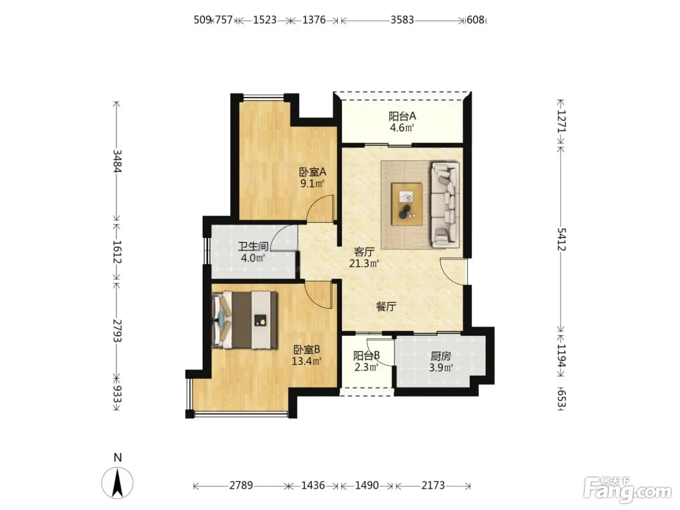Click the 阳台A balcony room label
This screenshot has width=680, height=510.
(x=402, y=117)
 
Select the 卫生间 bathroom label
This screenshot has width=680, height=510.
(x=253, y=246)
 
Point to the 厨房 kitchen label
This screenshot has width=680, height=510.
(x=441, y=357)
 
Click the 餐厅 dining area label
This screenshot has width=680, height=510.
(x=386, y=306)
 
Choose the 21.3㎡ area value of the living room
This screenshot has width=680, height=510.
(x=364, y=264)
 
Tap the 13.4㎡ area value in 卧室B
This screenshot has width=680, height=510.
(x=306, y=361)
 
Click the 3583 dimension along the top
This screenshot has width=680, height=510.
(x=402, y=20)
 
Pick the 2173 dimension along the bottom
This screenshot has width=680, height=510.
(x=433, y=485)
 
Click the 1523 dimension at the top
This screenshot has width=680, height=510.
(x=265, y=20)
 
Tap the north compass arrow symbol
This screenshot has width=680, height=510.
(x=118, y=483)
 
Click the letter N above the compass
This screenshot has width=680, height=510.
(x=118, y=458)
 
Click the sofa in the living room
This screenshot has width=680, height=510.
(x=445, y=204)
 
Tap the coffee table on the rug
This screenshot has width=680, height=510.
(x=407, y=204)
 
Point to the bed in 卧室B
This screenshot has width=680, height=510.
(x=244, y=320)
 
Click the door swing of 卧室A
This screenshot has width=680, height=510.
(x=320, y=208)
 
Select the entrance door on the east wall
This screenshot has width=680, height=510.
(x=453, y=271)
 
